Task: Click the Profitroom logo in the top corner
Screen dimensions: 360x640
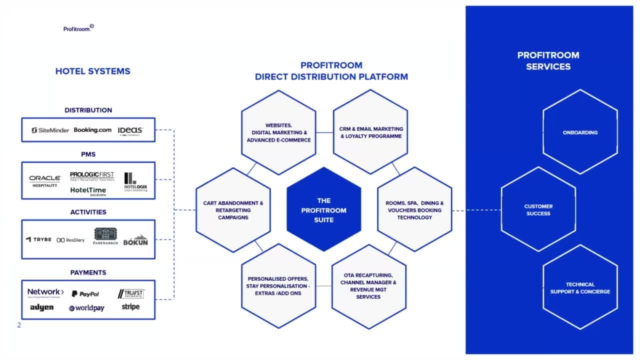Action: (x=78, y=28)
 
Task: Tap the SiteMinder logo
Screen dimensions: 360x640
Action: (x=50, y=130)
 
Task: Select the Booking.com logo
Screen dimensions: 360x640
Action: (x=92, y=130)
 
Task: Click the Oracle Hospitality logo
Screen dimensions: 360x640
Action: (x=45, y=181)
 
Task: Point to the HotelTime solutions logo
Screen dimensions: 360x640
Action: (x=88, y=191)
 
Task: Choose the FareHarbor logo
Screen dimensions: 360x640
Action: (x=105, y=236)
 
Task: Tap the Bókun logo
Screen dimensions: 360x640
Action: (x=135, y=240)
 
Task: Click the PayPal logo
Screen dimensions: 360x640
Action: (x=85, y=294)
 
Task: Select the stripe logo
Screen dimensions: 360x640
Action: (x=130, y=306)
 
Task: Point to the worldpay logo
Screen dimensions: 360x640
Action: (x=86, y=308)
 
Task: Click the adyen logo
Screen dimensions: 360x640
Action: (x=41, y=307)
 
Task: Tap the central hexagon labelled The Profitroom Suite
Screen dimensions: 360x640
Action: (x=323, y=210)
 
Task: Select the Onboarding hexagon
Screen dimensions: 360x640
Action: (x=580, y=132)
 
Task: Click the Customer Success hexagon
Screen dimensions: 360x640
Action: (x=538, y=209)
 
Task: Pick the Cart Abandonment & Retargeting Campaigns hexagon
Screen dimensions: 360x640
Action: (x=233, y=210)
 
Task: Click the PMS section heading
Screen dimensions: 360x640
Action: (x=88, y=154)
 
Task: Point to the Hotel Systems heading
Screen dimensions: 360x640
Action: (x=92, y=71)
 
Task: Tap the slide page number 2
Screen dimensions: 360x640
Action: (x=19, y=325)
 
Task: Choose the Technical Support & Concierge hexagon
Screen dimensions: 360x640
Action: (x=580, y=287)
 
